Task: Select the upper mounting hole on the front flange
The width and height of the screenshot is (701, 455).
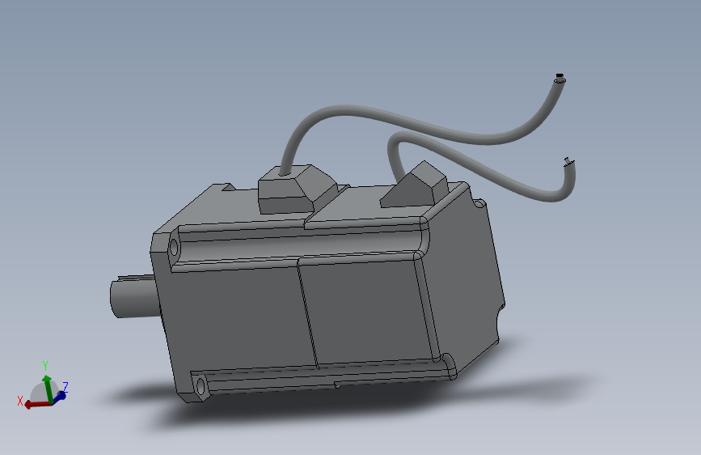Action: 174,247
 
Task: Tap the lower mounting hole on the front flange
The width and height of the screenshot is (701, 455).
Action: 201,386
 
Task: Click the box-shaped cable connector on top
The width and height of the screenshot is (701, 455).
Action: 296,189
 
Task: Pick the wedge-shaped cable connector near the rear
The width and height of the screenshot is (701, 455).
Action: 413,186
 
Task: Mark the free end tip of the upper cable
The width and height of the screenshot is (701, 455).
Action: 560,78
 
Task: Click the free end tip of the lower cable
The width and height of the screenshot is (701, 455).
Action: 568,162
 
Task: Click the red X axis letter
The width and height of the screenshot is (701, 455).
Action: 20,401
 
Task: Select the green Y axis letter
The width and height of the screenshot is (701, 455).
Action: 45,365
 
